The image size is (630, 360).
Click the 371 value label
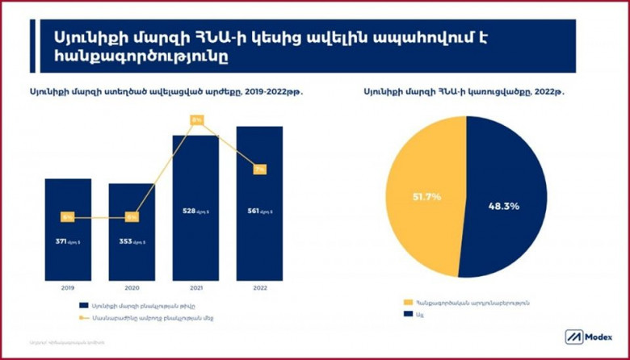pyautogui.click(x=67, y=241)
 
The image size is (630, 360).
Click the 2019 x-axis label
pyautogui.click(x=68, y=287)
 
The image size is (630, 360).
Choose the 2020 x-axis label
pyautogui.click(x=132, y=287)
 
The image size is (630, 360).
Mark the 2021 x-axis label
pyautogui.click(x=195, y=287)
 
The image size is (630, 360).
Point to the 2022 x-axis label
pyautogui.click(x=259, y=287)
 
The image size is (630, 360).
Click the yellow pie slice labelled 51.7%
pyautogui.click(x=420, y=198)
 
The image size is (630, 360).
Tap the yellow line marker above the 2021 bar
pyautogui.click(x=196, y=119)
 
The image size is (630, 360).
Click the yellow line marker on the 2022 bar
pyautogui.click(x=259, y=170)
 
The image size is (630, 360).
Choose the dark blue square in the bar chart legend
pyautogui.click(x=84, y=306)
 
